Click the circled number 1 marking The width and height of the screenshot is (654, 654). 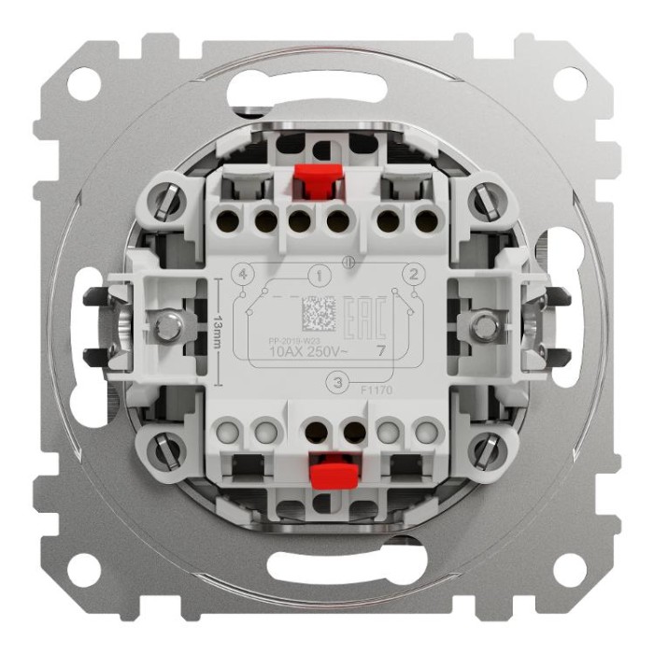320,276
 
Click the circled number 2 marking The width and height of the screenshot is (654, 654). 409,274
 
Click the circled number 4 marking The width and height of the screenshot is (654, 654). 243,275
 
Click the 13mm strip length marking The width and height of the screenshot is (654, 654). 217,329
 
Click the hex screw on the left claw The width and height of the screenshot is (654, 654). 168,326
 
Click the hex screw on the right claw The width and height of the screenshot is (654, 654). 483,326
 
